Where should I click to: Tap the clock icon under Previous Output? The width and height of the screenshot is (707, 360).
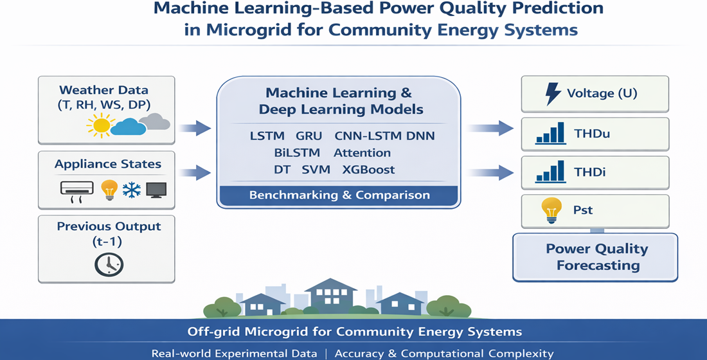click(109, 264)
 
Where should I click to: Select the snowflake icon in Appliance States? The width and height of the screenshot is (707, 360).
click(132, 189)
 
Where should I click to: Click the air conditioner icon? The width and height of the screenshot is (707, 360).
click(76, 190)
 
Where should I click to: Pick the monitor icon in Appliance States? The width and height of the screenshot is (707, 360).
click(156, 189)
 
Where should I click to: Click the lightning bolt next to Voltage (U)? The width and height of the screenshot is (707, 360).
click(552, 94)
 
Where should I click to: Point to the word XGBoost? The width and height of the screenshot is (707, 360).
click(368, 170)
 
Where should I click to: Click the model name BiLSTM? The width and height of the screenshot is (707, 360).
click(296, 153)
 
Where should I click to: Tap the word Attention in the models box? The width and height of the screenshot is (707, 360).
click(362, 153)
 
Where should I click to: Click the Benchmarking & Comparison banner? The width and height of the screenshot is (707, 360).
click(339, 195)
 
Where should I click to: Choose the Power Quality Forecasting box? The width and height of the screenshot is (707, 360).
click(596, 257)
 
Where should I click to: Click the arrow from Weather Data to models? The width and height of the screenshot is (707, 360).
click(195, 128)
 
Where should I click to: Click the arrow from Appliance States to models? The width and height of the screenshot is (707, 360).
click(195, 172)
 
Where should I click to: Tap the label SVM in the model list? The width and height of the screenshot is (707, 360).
click(315, 170)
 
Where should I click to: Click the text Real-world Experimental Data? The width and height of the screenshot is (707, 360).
click(234, 353)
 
